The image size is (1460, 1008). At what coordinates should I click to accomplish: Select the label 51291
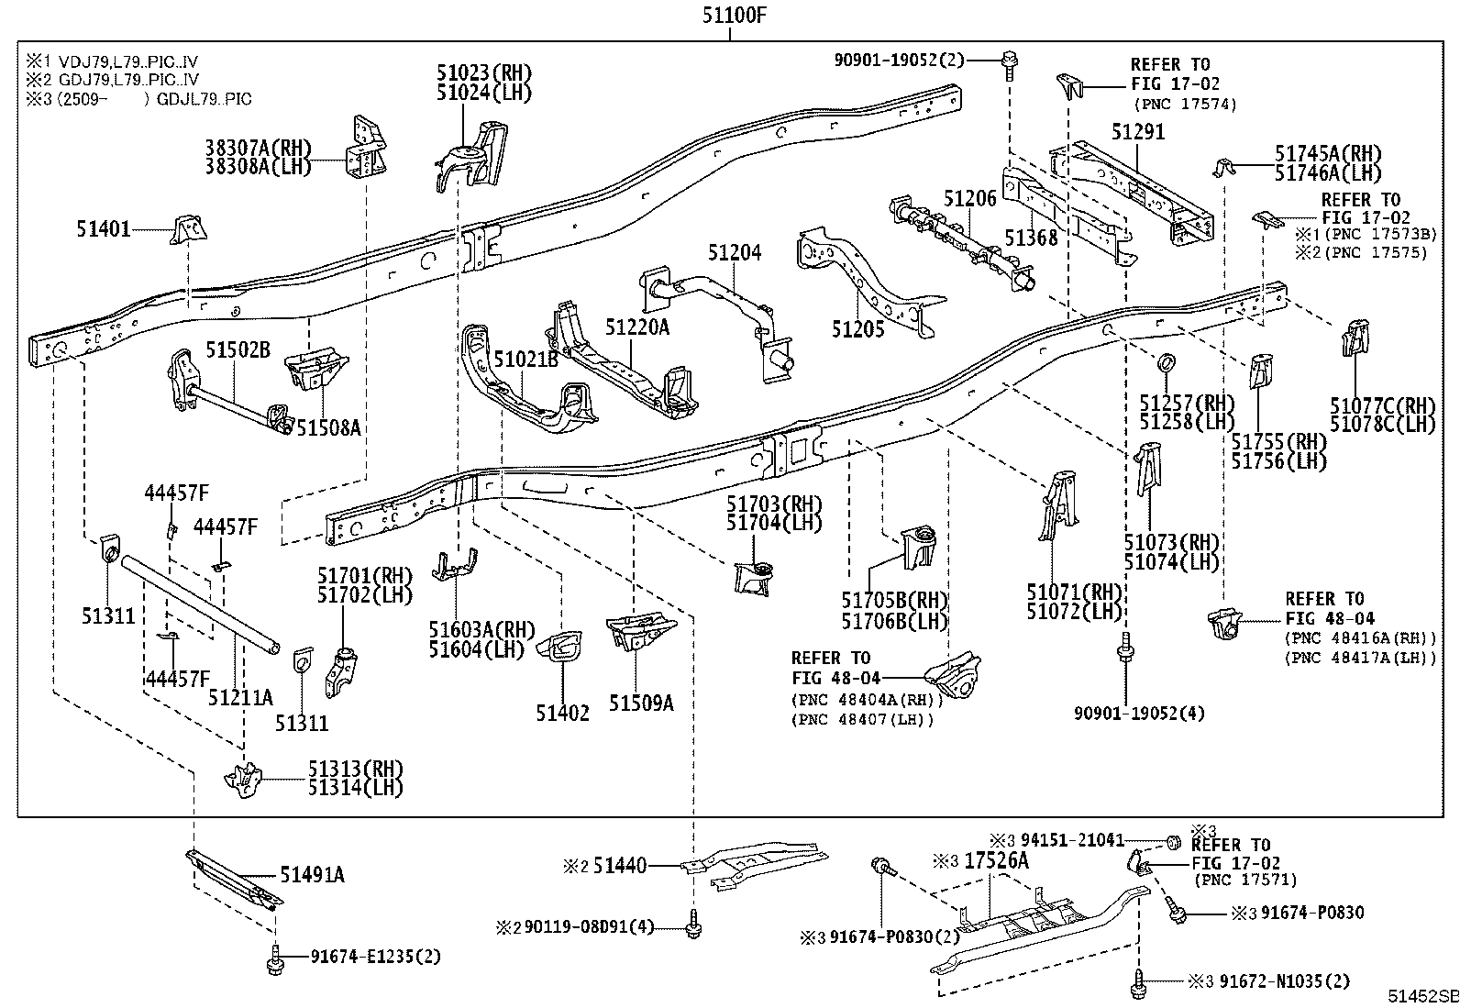coord(1137,132)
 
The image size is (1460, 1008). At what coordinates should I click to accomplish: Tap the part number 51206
coord(970,199)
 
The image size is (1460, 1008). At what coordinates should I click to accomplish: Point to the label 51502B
coord(238,349)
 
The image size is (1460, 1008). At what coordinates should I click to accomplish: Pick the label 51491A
coord(312,875)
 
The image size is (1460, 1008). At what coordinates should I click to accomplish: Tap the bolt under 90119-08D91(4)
coord(694,928)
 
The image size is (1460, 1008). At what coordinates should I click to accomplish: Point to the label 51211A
coord(240,697)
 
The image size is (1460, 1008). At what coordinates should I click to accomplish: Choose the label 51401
coord(104,229)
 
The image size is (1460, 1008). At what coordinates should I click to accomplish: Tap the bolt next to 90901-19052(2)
coord(1009,60)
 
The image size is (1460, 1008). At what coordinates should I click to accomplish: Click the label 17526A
coord(996,861)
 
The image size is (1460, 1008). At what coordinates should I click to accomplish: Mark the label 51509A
coord(641,703)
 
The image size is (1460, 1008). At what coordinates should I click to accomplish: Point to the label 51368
coord(1031,238)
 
